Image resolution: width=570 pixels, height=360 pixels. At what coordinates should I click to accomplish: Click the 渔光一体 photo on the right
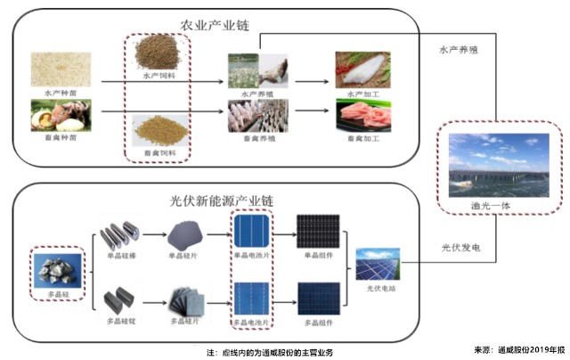pyautogui.click(x=499, y=165)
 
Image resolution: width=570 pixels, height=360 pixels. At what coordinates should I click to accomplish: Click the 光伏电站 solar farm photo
pyautogui.click(x=378, y=266)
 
